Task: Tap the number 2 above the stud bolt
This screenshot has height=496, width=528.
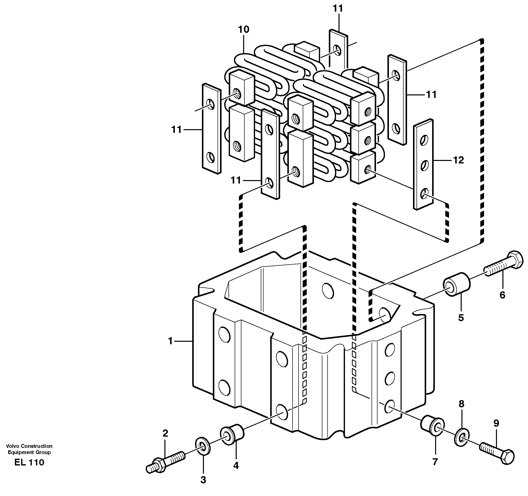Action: [x=165, y=433]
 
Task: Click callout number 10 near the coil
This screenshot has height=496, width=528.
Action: [x=244, y=30]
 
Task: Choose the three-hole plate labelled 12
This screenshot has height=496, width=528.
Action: [x=423, y=165]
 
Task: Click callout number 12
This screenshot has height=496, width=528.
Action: [x=458, y=160]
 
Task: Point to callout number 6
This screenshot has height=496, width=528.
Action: [x=502, y=295]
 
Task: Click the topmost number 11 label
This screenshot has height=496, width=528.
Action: [x=338, y=9]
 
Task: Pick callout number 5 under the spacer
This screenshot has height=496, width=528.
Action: [x=461, y=318]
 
